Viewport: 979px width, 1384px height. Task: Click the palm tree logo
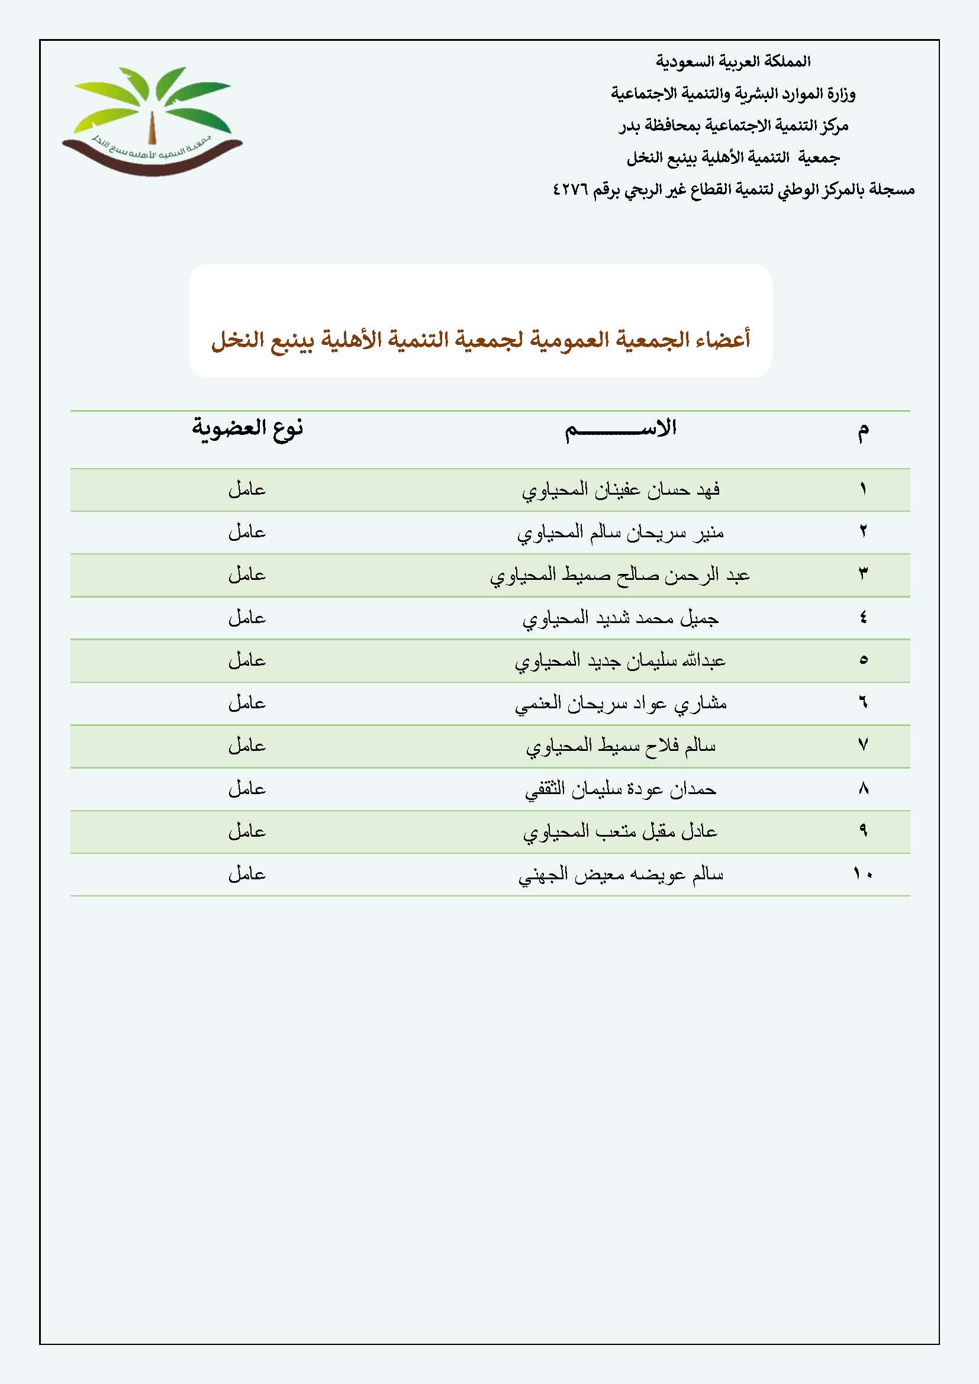tap(152, 121)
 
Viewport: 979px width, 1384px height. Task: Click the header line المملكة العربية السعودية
tap(733, 62)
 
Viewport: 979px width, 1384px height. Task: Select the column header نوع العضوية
tap(247, 428)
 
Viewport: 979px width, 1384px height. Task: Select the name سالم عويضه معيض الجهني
tap(620, 875)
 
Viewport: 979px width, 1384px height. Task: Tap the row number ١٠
tap(862, 874)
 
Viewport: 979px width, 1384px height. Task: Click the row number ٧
tap(862, 746)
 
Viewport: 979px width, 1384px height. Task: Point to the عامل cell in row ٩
tap(247, 832)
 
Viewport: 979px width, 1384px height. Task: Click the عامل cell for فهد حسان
tap(247, 489)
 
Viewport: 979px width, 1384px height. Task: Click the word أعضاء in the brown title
tap(722, 340)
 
